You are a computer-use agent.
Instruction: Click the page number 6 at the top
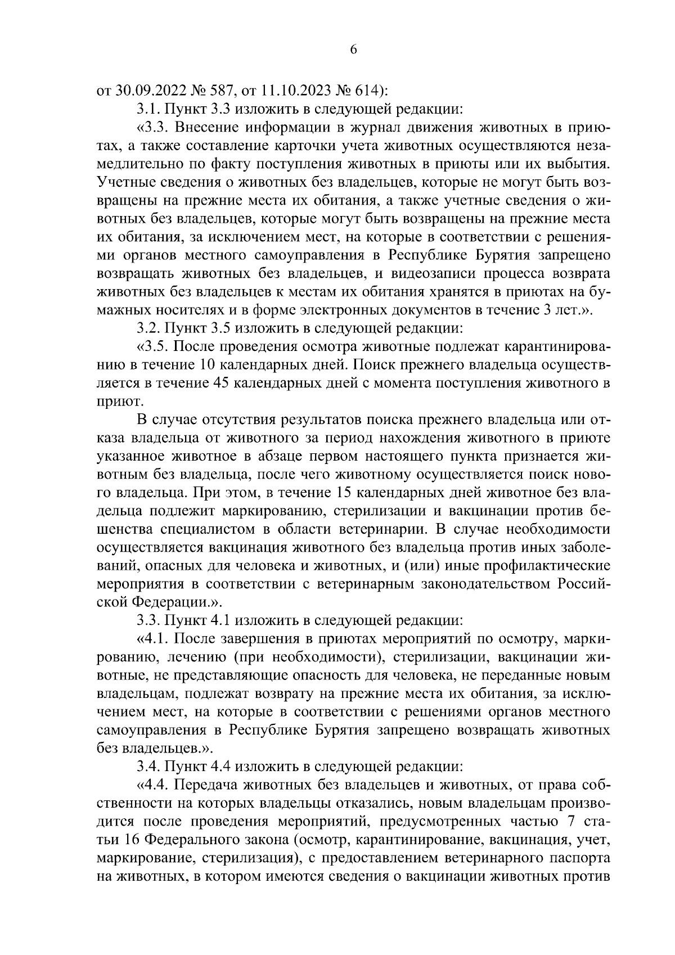pyautogui.click(x=353, y=49)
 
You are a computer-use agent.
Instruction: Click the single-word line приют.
pyautogui.click(x=114, y=402)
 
